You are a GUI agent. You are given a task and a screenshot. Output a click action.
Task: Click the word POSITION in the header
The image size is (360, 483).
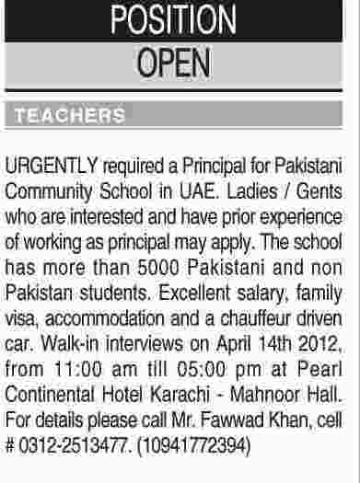pyautogui.click(x=181, y=20)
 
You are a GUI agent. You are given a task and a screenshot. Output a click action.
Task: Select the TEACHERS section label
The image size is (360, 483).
pyautogui.click(x=65, y=117)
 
